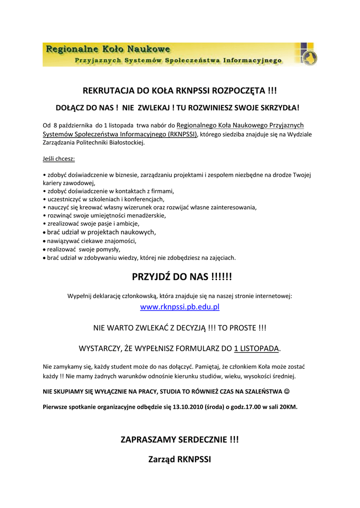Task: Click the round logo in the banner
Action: [308, 57]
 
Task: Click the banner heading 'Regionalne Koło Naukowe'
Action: [108, 49]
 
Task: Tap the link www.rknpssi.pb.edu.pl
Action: [180, 307]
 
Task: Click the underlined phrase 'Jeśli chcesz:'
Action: [59, 159]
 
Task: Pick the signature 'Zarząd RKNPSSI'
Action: [180, 459]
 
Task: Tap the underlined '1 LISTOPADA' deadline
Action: [257, 348]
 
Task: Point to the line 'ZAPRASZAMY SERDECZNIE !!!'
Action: [180, 440]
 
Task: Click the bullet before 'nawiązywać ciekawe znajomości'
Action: [44, 241]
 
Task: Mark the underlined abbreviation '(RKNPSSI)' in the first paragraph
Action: [182, 134]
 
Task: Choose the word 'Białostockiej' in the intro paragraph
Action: [125, 142]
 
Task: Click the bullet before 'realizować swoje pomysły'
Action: [44, 250]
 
